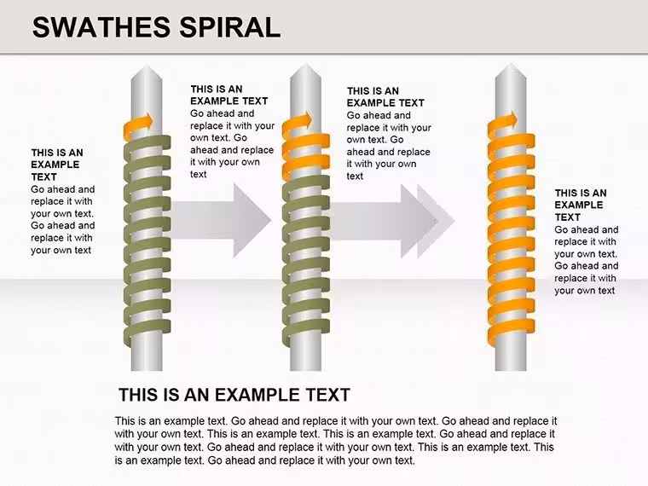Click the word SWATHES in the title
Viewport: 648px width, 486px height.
click(101, 27)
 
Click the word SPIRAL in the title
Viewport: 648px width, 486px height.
click(229, 27)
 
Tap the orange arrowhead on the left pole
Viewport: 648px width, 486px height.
click(147, 121)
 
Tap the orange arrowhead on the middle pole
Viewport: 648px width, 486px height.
click(306, 120)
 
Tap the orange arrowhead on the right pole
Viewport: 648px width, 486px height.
click(511, 120)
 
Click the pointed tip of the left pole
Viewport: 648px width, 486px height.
click(147, 65)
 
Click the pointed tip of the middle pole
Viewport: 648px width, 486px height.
click(305, 65)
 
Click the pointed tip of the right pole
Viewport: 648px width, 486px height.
click(511, 63)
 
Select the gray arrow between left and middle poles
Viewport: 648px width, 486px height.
click(221, 220)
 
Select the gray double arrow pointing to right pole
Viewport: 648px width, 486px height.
click(392, 221)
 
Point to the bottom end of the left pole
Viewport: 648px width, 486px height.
click(147, 370)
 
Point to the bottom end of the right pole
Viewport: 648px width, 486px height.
click(511, 370)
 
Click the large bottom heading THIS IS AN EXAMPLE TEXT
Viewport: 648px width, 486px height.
click(234, 395)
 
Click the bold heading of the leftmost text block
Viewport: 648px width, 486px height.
click(57, 165)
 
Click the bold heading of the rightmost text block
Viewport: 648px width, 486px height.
click(581, 205)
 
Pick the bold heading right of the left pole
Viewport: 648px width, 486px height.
click(229, 95)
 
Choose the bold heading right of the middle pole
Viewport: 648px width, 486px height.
click(385, 96)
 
